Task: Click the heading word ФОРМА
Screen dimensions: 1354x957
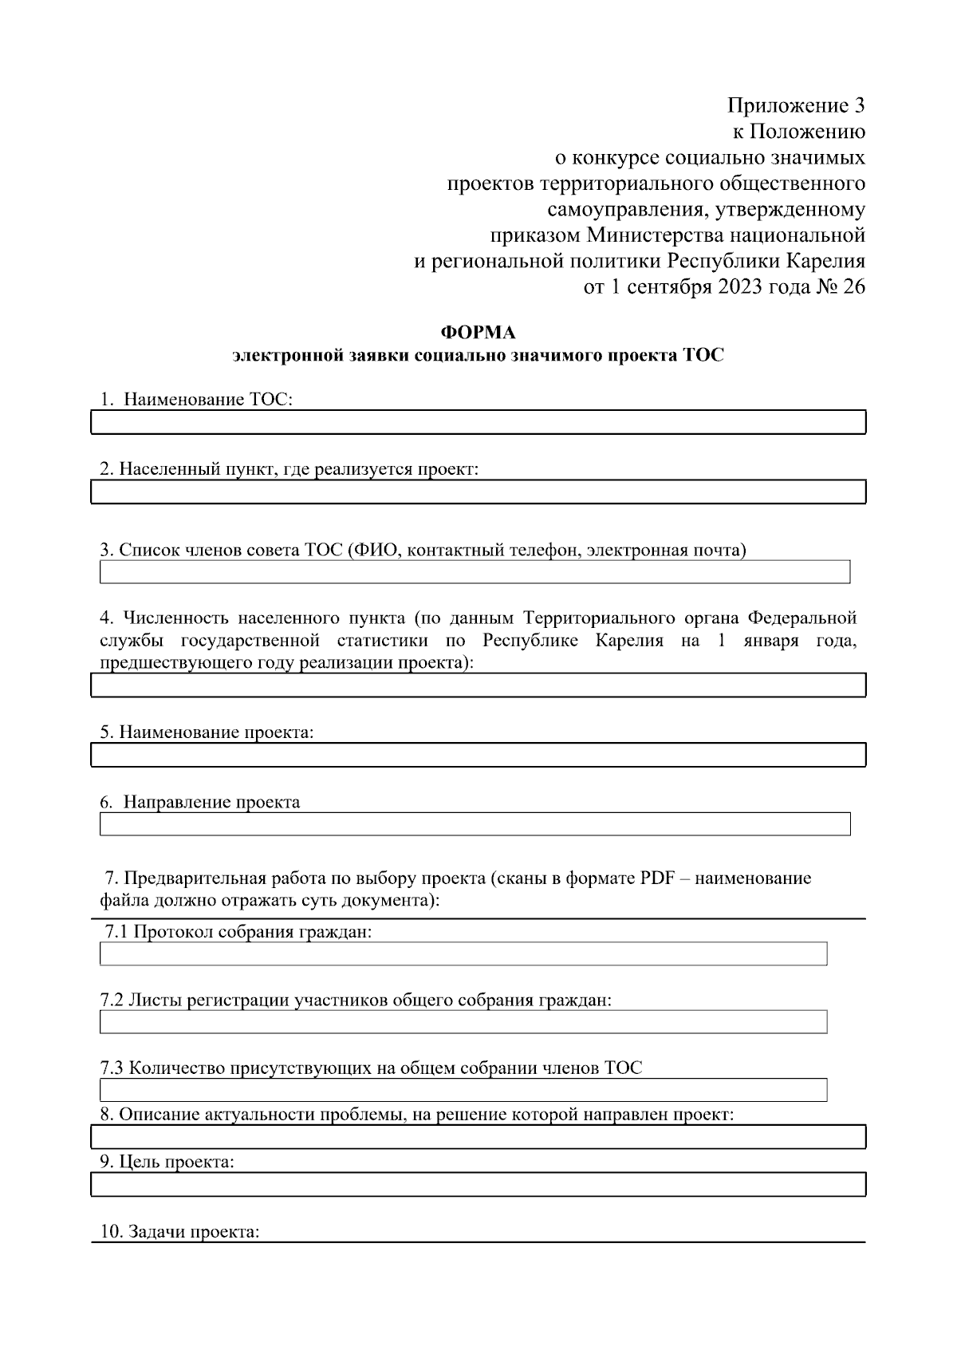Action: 478,332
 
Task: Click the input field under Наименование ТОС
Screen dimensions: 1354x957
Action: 478,422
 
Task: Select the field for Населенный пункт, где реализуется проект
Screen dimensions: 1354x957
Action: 478,491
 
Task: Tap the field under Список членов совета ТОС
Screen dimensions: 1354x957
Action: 475,572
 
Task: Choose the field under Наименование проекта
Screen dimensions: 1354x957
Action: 478,755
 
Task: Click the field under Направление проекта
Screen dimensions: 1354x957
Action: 475,824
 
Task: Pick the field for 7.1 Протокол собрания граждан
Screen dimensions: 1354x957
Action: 463,953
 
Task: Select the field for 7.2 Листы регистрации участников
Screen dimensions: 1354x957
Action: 463,1022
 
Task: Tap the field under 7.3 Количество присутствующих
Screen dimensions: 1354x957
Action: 463,1090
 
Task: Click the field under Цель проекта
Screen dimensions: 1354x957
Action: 478,1184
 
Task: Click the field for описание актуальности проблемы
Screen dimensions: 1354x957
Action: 478,1137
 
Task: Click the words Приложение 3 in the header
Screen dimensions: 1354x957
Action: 795,105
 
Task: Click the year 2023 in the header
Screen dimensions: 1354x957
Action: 739,287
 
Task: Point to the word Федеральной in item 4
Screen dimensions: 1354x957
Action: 802,618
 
